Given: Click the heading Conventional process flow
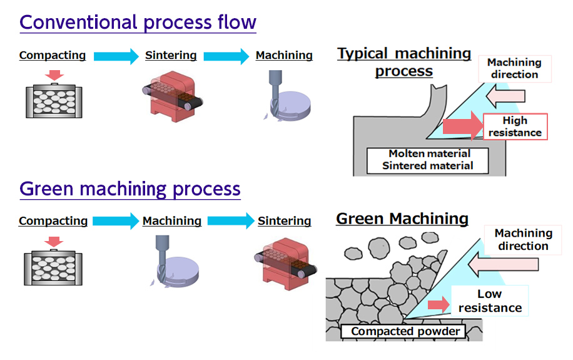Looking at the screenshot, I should (138, 23).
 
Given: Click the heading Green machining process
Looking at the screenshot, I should (130, 188).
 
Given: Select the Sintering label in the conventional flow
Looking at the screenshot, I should (171, 56).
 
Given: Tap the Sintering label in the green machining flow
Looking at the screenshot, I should (284, 221).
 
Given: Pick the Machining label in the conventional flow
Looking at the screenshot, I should (284, 56).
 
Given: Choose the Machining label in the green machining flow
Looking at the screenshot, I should (172, 221).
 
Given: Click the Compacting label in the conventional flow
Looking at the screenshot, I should (53, 56).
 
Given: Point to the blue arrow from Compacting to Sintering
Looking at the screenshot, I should (116, 56).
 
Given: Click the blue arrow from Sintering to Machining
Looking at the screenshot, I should (226, 56).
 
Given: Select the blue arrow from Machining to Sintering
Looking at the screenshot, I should (230, 221).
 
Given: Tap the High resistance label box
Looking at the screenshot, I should (515, 126).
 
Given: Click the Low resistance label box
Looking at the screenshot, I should (490, 301).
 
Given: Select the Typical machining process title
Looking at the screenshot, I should (404, 62).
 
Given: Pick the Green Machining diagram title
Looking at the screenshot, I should (402, 219).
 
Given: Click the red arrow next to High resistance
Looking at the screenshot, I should (462, 126).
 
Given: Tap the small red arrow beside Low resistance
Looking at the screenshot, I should (439, 305).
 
